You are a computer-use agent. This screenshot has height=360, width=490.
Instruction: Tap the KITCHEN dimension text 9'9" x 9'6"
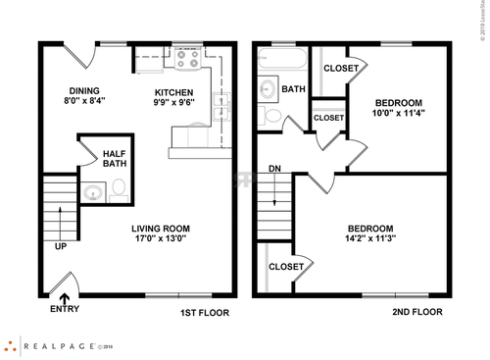click(x=174, y=102)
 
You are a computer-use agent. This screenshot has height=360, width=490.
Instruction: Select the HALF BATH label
click(x=116, y=157)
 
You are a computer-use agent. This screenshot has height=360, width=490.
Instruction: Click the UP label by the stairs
click(x=61, y=245)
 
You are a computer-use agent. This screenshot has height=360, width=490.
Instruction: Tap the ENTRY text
click(x=65, y=310)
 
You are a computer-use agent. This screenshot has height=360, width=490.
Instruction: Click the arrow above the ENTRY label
click(x=65, y=297)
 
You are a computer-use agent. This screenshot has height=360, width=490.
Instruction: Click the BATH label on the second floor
click(x=294, y=89)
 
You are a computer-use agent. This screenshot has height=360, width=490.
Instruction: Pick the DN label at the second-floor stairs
click(x=274, y=168)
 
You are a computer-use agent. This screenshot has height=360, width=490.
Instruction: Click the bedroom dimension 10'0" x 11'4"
click(x=399, y=113)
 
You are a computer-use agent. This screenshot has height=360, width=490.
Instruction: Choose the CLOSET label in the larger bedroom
click(x=286, y=266)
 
